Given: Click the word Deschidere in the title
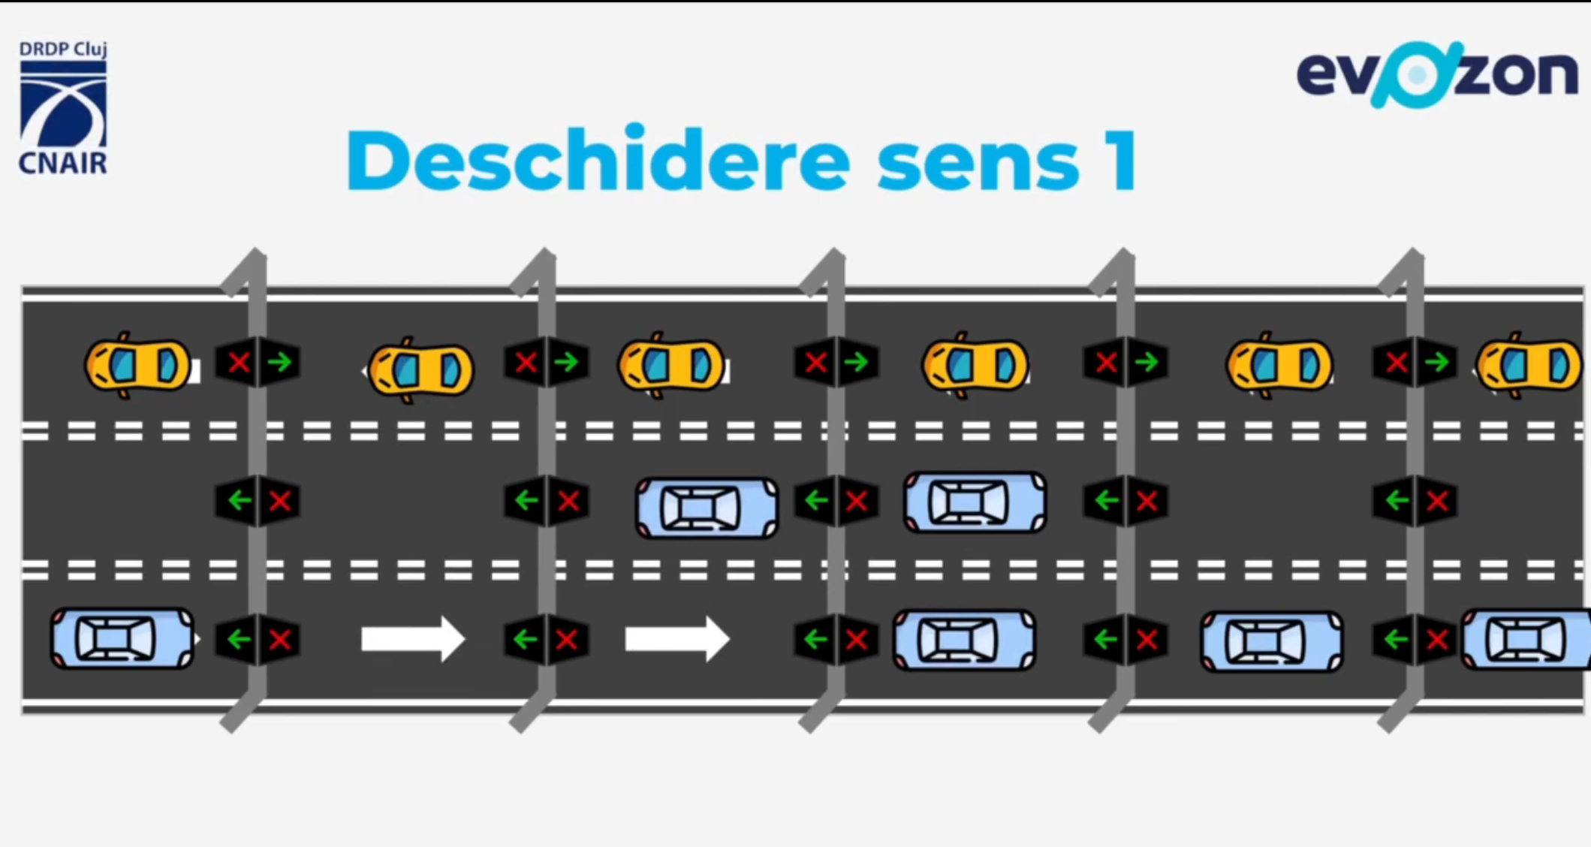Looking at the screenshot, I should click(598, 160).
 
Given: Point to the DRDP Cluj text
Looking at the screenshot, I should click(63, 50).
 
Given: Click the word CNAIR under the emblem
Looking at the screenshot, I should click(63, 163).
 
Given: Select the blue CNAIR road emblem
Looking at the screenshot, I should click(63, 105).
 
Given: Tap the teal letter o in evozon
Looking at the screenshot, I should click(1417, 74).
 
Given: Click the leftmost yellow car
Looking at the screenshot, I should click(139, 366).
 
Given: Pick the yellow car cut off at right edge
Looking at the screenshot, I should click(1529, 366).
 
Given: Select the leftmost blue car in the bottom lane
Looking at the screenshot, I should click(122, 639).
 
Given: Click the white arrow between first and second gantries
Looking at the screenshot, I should click(412, 640).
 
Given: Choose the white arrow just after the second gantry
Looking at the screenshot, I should click(676, 640).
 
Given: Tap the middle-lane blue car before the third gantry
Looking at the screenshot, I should click(707, 508).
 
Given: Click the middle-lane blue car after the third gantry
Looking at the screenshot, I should click(975, 502).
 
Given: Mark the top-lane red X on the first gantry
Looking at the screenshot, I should click(239, 363).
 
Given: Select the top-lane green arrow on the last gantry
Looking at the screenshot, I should click(1436, 363).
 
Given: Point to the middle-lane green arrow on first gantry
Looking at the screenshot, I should click(239, 500).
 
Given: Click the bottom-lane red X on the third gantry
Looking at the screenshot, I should click(857, 640).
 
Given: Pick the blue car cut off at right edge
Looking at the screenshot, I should click(1526, 640).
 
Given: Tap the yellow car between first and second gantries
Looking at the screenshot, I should click(420, 369).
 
